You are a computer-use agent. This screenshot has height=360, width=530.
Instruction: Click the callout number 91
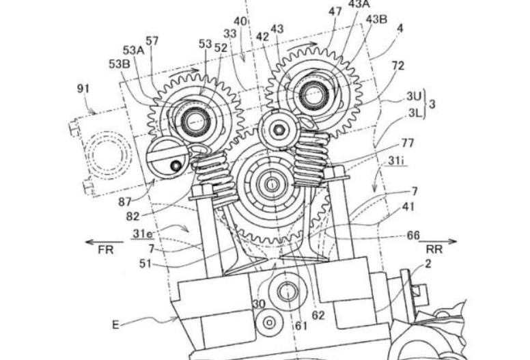click(x=83, y=89)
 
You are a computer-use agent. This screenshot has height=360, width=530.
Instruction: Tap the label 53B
click(x=120, y=64)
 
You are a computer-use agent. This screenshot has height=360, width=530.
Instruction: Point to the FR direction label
click(x=105, y=250)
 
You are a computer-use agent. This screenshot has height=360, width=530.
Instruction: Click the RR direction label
click(x=434, y=249)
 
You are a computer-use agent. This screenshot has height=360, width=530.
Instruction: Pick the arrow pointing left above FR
click(x=104, y=242)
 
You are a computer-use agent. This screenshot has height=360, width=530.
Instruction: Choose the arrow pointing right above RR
click(x=438, y=241)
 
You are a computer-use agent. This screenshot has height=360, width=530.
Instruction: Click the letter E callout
click(x=115, y=325)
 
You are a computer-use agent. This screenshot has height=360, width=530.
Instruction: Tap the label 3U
click(x=414, y=97)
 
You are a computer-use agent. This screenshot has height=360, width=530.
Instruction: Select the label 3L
click(x=415, y=113)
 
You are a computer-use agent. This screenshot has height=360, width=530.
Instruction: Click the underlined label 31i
click(x=396, y=161)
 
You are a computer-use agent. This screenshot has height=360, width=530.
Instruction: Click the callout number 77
click(x=407, y=143)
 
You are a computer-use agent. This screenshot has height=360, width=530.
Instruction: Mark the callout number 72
click(x=397, y=66)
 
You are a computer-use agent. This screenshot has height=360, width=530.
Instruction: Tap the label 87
click(x=125, y=202)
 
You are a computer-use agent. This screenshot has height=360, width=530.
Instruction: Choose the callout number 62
click(x=318, y=316)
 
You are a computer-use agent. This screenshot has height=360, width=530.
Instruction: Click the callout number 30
click(x=259, y=304)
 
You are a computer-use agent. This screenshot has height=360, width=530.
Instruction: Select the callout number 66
click(x=413, y=235)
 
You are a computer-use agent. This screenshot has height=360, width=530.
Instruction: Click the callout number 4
click(x=400, y=29)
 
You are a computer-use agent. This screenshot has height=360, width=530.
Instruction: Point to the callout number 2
click(x=428, y=264)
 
